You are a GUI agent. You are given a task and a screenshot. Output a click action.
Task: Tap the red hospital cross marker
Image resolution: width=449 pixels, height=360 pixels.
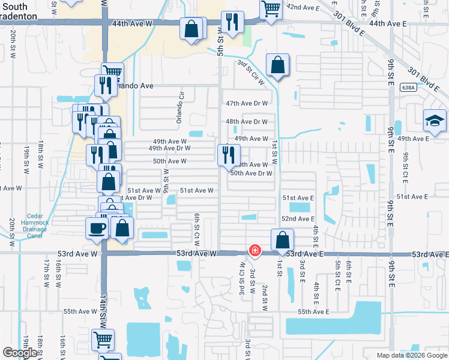tap(255, 250)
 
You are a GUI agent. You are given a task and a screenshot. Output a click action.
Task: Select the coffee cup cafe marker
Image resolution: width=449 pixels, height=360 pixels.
tap(98, 229)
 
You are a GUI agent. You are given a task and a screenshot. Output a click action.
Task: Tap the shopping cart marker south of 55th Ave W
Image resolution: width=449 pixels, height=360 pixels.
tap(103, 340)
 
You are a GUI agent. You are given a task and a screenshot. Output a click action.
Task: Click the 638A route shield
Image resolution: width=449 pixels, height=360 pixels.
tap(408, 88)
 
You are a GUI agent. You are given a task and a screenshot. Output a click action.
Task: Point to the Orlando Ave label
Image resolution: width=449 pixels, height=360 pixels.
tap(134, 86)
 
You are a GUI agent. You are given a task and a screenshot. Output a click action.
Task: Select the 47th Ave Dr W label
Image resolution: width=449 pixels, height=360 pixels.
tap(246, 103)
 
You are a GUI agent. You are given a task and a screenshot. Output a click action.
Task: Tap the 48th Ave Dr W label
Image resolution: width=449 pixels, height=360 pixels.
tap(246, 121)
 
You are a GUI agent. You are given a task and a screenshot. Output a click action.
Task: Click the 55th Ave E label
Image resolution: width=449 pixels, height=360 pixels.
tap(313, 311)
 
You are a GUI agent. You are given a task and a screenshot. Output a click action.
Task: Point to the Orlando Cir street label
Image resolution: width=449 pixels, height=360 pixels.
tap(179, 108)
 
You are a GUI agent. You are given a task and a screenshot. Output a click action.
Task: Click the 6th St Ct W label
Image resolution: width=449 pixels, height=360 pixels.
tap(196, 228)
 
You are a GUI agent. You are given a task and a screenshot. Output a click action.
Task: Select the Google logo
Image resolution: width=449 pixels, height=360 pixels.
tap(20, 353)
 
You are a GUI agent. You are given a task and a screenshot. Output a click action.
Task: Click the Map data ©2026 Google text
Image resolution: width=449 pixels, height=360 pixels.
tap(411, 355)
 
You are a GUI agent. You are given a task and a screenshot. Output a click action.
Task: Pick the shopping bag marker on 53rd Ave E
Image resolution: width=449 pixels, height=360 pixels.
tap(282, 240)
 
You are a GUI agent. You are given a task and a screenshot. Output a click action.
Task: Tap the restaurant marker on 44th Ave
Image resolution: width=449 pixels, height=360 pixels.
tap(232, 22)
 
